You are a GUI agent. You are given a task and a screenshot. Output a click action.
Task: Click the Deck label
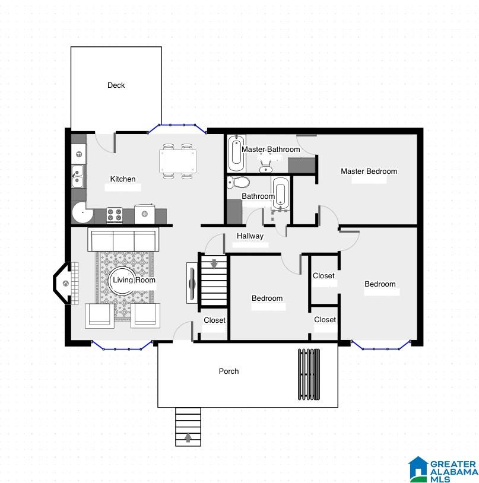(116, 85)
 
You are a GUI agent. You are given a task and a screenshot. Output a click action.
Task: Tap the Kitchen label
(123, 179)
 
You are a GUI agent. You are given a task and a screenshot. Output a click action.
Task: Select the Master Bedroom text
(369, 171)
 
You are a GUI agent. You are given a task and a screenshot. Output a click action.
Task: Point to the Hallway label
(250, 236)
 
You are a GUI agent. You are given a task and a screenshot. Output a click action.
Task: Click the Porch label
(229, 371)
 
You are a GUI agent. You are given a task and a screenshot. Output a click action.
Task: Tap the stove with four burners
(115, 215)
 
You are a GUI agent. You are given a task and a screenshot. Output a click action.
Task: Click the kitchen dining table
(177, 161)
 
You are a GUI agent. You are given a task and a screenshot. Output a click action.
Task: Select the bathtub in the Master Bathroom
(237, 153)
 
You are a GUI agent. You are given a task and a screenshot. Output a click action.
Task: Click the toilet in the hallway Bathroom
(238, 183)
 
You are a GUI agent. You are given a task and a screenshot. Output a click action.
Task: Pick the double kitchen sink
(77, 176)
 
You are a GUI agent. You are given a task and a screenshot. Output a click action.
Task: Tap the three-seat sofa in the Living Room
(123, 240)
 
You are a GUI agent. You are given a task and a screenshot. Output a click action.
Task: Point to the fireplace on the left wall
(66, 284)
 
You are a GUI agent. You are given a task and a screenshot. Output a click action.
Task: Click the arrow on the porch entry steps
(188, 437)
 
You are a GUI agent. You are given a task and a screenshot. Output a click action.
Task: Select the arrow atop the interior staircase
(214, 264)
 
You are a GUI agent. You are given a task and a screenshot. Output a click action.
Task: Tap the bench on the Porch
(309, 374)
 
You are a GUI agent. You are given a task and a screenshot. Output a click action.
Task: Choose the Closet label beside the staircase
(215, 320)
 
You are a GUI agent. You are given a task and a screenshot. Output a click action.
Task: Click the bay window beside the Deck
(177, 128)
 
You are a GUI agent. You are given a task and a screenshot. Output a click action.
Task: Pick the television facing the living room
(192, 283)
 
